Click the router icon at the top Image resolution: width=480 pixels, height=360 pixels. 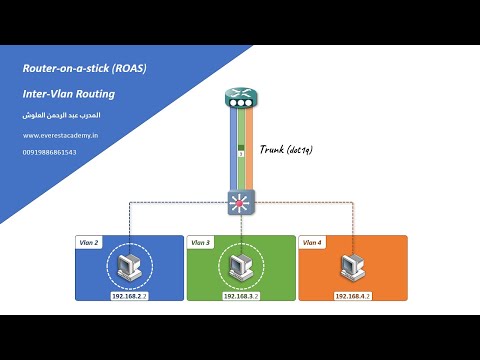pyautogui.click(x=240, y=98)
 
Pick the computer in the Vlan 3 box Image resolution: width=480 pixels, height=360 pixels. pyautogui.click(x=239, y=266)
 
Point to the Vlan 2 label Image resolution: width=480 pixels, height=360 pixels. pyautogui.click(x=89, y=243)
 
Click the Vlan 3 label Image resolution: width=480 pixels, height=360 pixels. pyautogui.click(x=200, y=243)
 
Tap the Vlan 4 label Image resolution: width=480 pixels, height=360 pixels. pyautogui.click(x=312, y=243)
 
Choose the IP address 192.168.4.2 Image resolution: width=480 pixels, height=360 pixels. pyautogui.click(x=351, y=296)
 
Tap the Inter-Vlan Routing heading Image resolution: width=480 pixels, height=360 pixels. pyautogui.click(x=69, y=94)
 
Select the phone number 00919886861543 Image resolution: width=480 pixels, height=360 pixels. pyautogui.click(x=49, y=152)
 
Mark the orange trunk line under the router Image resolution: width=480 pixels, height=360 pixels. pyautogui.click(x=250, y=150)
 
